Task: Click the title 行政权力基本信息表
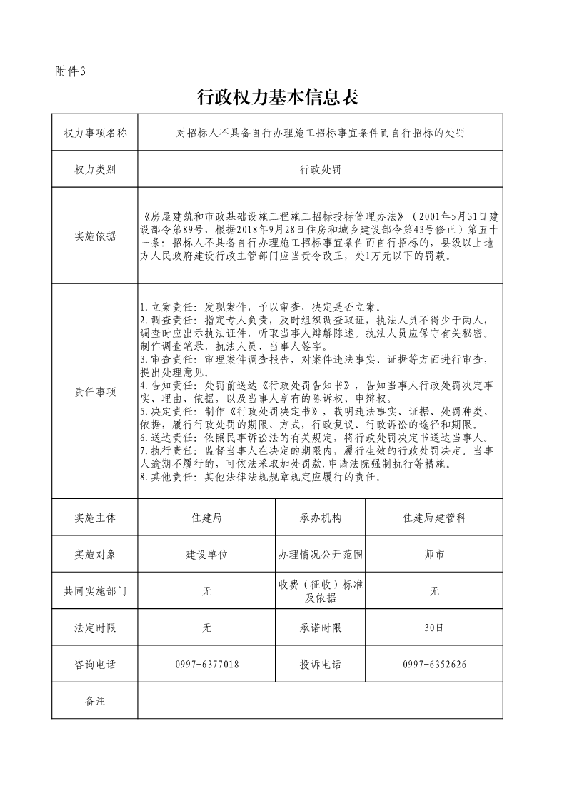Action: pos(276,97)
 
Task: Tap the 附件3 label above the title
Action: pos(70,71)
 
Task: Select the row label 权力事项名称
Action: pos(95,132)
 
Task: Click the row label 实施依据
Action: pos(95,236)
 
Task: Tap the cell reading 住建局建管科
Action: pos(434,518)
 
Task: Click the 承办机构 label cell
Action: pos(321,518)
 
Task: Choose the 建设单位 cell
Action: pos(207,554)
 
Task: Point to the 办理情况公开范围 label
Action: pos(321,554)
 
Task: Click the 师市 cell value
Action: pos(434,554)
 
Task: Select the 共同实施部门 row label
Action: pos(95,591)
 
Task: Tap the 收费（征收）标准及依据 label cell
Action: pos(321,591)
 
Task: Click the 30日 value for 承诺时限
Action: pos(434,628)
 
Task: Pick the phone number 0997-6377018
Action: pos(207,665)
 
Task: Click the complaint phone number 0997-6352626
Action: pos(434,665)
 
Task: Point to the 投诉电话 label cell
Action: pos(321,665)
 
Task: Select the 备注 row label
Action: pos(95,701)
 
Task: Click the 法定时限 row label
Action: pos(95,628)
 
